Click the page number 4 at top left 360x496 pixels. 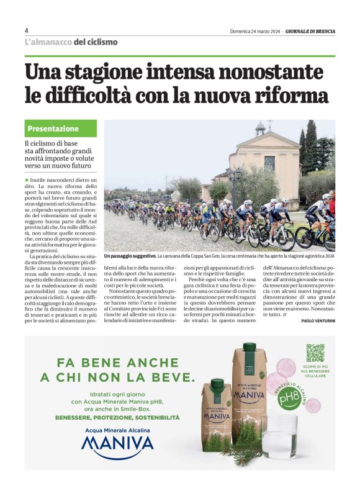27,30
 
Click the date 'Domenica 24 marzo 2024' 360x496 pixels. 254,31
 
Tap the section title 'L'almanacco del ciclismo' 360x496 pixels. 71,42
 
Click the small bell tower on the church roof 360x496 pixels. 261,129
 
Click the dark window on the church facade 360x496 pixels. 269,163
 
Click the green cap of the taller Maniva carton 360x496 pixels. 250,347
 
